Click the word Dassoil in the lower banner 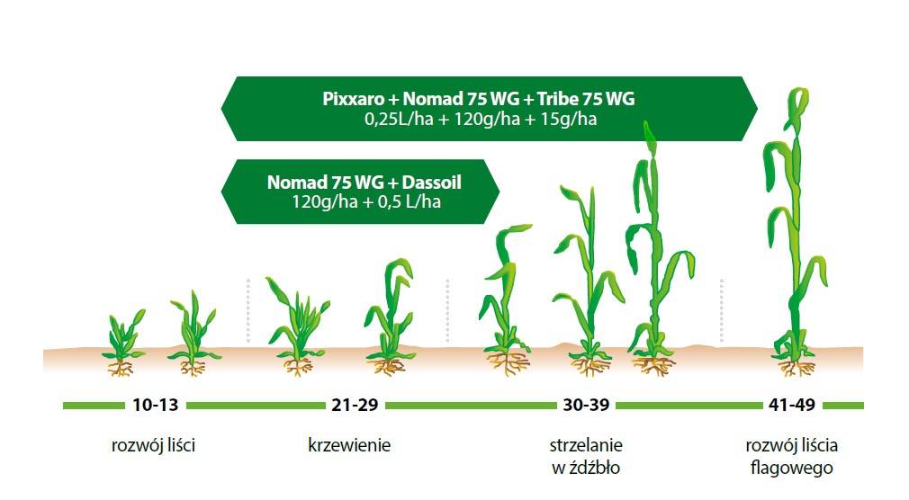pyautogui.click(x=431, y=183)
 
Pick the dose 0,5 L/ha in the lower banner pyautogui.click(x=409, y=202)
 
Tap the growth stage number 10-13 pyautogui.click(x=156, y=405)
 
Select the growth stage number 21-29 pyautogui.click(x=355, y=405)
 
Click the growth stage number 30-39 pyautogui.click(x=586, y=405)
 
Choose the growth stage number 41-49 pyautogui.click(x=792, y=405)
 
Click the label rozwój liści pyautogui.click(x=154, y=445)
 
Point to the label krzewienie pyautogui.click(x=349, y=445)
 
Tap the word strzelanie pyautogui.click(x=586, y=445)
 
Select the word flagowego pyautogui.click(x=792, y=467)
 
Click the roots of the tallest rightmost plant pyautogui.click(x=796, y=366)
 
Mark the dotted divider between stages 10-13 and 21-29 pyautogui.click(x=248, y=310)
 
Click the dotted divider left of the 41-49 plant pyautogui.click(x=722, y=310)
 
